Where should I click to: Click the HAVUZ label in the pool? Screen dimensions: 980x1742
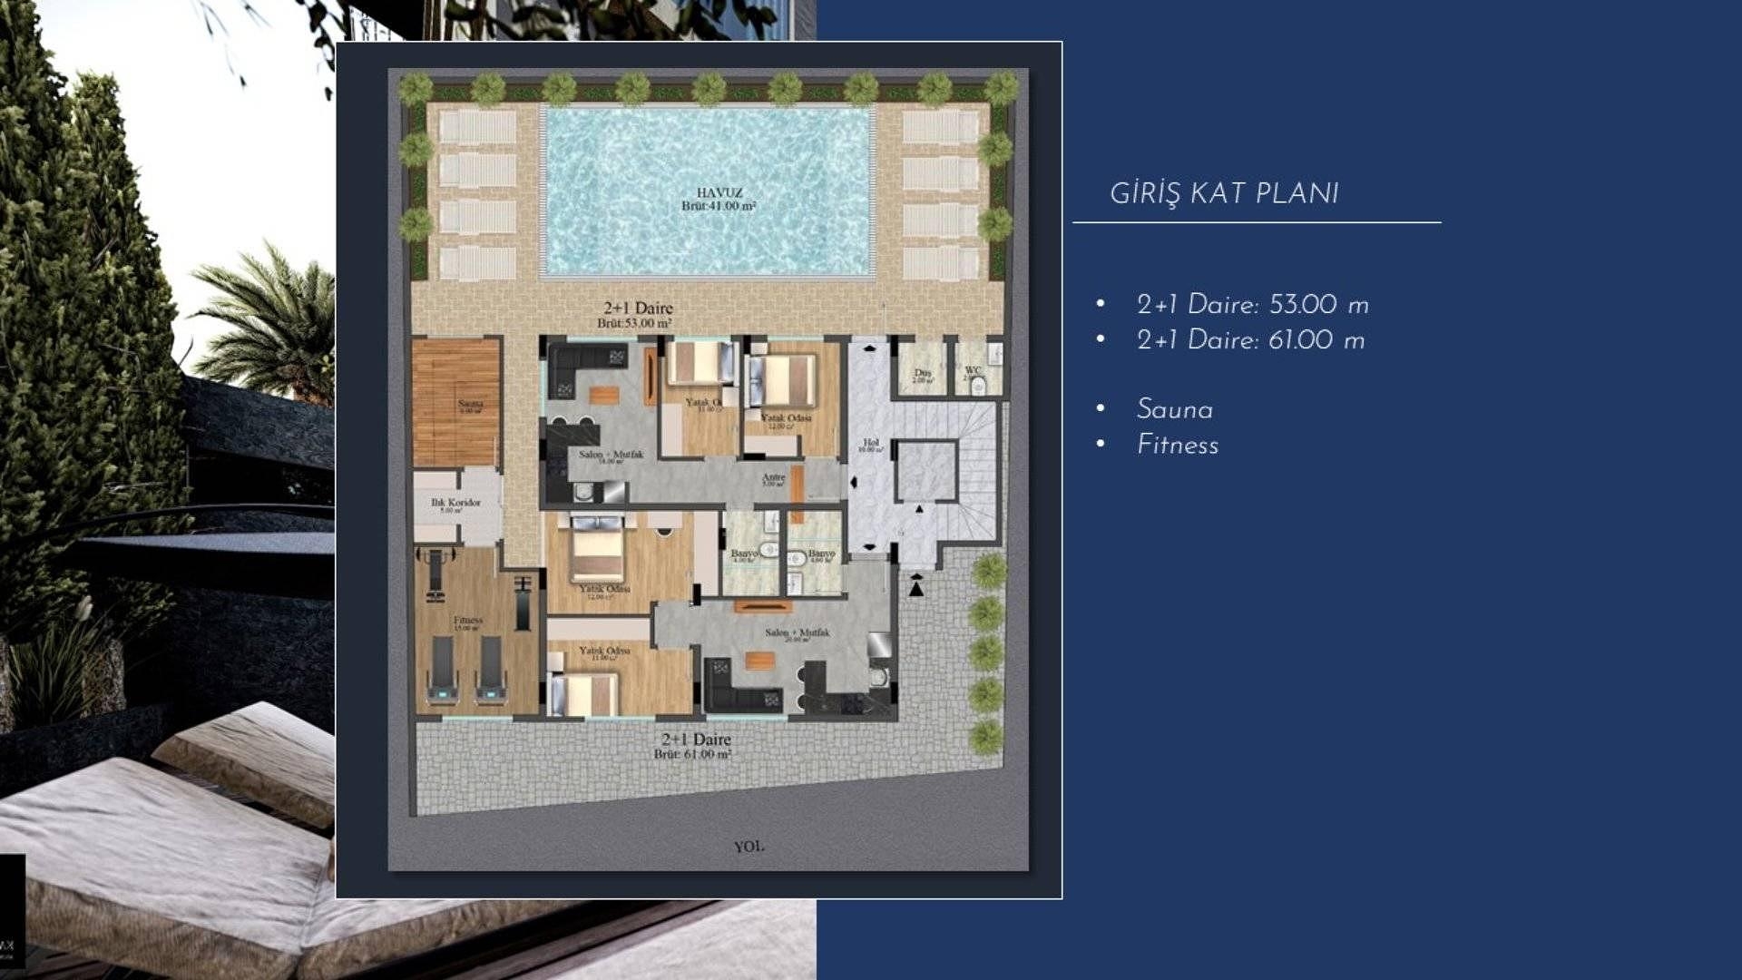tap(719, 192)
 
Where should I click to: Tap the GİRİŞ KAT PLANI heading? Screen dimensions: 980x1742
tap(1224, 194)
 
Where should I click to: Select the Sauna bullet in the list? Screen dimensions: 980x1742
tap(1174, 410)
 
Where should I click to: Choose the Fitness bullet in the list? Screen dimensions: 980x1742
tap(1177, 446)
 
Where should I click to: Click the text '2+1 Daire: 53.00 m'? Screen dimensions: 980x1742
tap(1252, 306)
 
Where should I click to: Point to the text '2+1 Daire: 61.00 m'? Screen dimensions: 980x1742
tap(1250, 341)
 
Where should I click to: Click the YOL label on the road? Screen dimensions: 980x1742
tap(749, 847)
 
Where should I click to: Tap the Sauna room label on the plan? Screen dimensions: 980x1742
tap(470, 405)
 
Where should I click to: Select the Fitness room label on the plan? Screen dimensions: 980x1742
tap(468, 621)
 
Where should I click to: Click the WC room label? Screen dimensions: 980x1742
tap(973, 370)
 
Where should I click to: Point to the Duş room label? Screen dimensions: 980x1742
tap(922, 373)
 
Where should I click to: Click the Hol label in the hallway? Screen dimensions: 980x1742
tap(871, 444)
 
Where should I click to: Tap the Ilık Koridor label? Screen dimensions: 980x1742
tap(455, 503)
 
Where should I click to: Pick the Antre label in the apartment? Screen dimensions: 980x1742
tap(773, 478)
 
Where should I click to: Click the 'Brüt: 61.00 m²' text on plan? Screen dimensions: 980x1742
tap(692, 755)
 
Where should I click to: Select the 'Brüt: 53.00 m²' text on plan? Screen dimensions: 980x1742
tap(634, 324)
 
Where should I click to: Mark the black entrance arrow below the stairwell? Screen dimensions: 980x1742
tap(916, 589)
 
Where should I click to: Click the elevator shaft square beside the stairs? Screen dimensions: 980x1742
tap(925, 471)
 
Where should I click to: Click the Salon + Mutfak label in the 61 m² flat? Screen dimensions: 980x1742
tap(797, 632)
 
